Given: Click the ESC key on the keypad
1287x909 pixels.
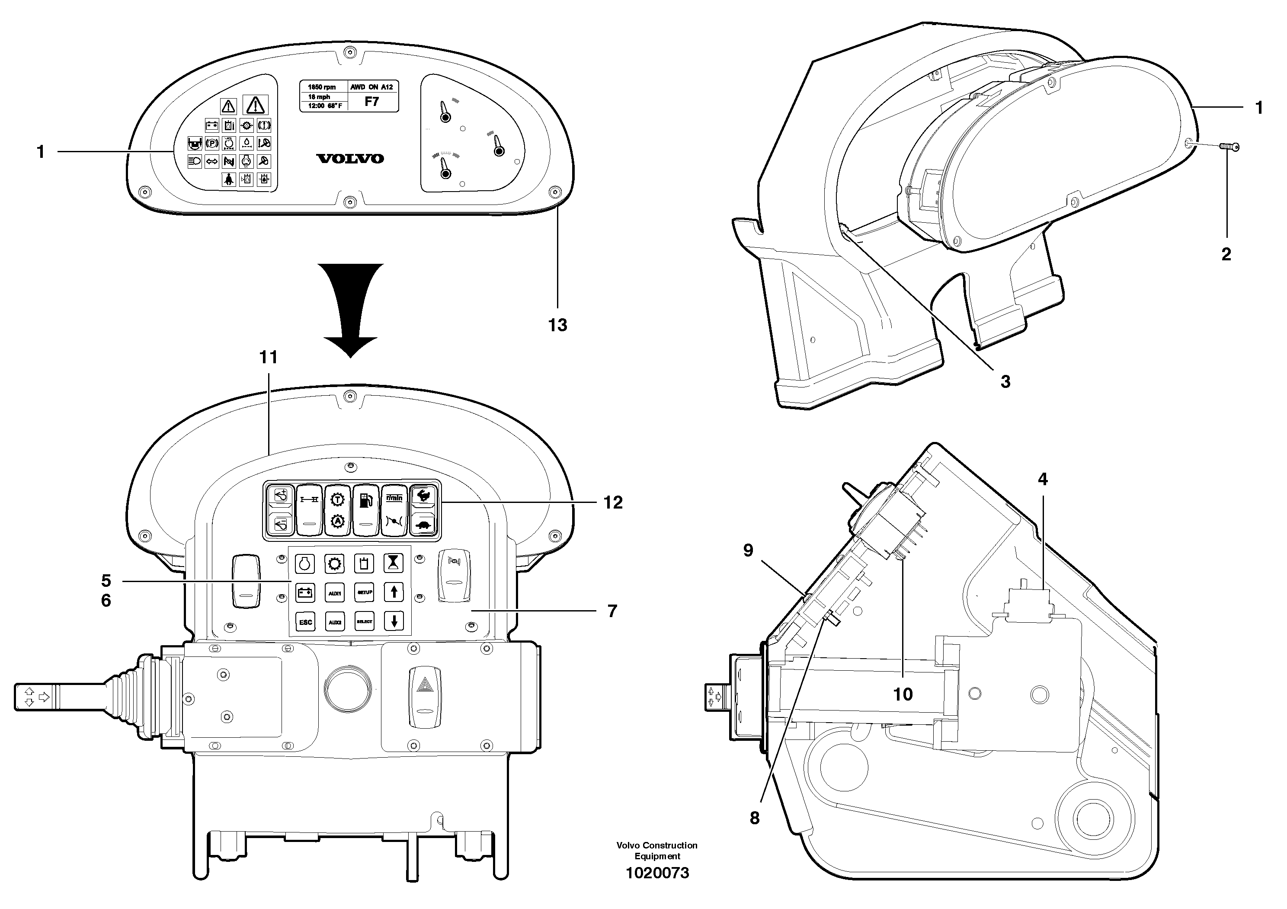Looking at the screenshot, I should pyautogui.click(x=305, y=621).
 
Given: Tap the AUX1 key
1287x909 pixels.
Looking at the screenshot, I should pyautogui.click(x=335, y=592).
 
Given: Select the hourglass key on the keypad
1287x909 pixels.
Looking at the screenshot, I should pyautogui.click(x=394, y=563).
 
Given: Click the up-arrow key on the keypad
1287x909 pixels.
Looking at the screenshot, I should pyautogui.click(x=394, y=592).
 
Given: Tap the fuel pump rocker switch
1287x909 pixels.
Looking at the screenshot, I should pyautogui.click(x=365, y=509).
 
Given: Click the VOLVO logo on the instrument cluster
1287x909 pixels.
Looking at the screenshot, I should pyautogui.click(x=350, y=159).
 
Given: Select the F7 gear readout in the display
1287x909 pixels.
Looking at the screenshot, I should pyautogui.click(x=371, y=102).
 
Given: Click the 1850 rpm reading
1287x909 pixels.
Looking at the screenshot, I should pyautogui.click(x=322, y=87).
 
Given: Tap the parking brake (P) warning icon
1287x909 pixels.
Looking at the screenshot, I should pyautogui.click(x=212, y=144).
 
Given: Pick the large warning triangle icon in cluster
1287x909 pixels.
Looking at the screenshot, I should pyautogui.click(x=255, y=104).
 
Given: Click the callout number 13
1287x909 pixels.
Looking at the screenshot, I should pyautogui.click(x=557, y=325).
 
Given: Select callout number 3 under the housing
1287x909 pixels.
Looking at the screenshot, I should pyautogui.click(x=1005, y=382).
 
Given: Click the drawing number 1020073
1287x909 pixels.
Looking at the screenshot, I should pyautogui.click(x=657, y=873).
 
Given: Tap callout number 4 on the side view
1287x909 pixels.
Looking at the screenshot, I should pyautogui.click(x=1042, y=479).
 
